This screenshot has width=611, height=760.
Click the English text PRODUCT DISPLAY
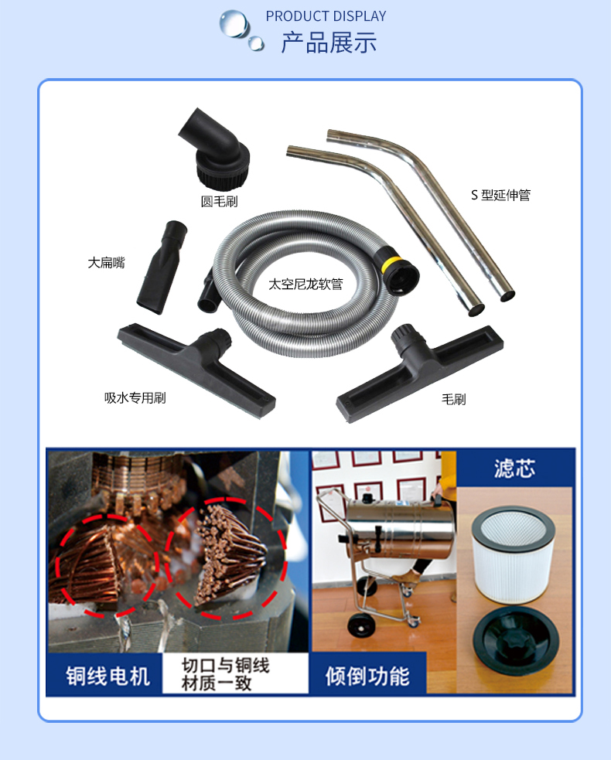pos(326,16)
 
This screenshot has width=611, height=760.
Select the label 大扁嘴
pos(106,263)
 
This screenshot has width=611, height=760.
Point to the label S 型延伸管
pos(500,196)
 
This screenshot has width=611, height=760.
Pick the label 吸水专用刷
pos(135,398)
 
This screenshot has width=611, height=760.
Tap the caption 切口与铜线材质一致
pos(225,675)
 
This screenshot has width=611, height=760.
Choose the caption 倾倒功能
pos(367,675)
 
